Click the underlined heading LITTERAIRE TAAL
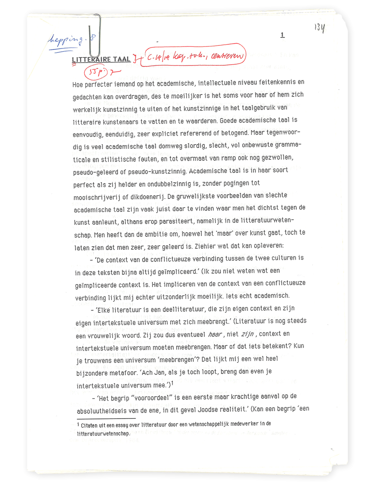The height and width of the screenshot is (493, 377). (101, 59)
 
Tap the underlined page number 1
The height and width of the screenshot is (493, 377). (282, 35)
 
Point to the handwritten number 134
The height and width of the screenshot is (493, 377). (319, 28)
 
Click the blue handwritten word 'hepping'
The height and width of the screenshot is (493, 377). (66, 40)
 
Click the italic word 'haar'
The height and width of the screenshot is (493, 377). (215, 335)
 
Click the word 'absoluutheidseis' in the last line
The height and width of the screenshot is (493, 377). (102, 411)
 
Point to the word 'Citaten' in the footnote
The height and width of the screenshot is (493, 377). (89, 425)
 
